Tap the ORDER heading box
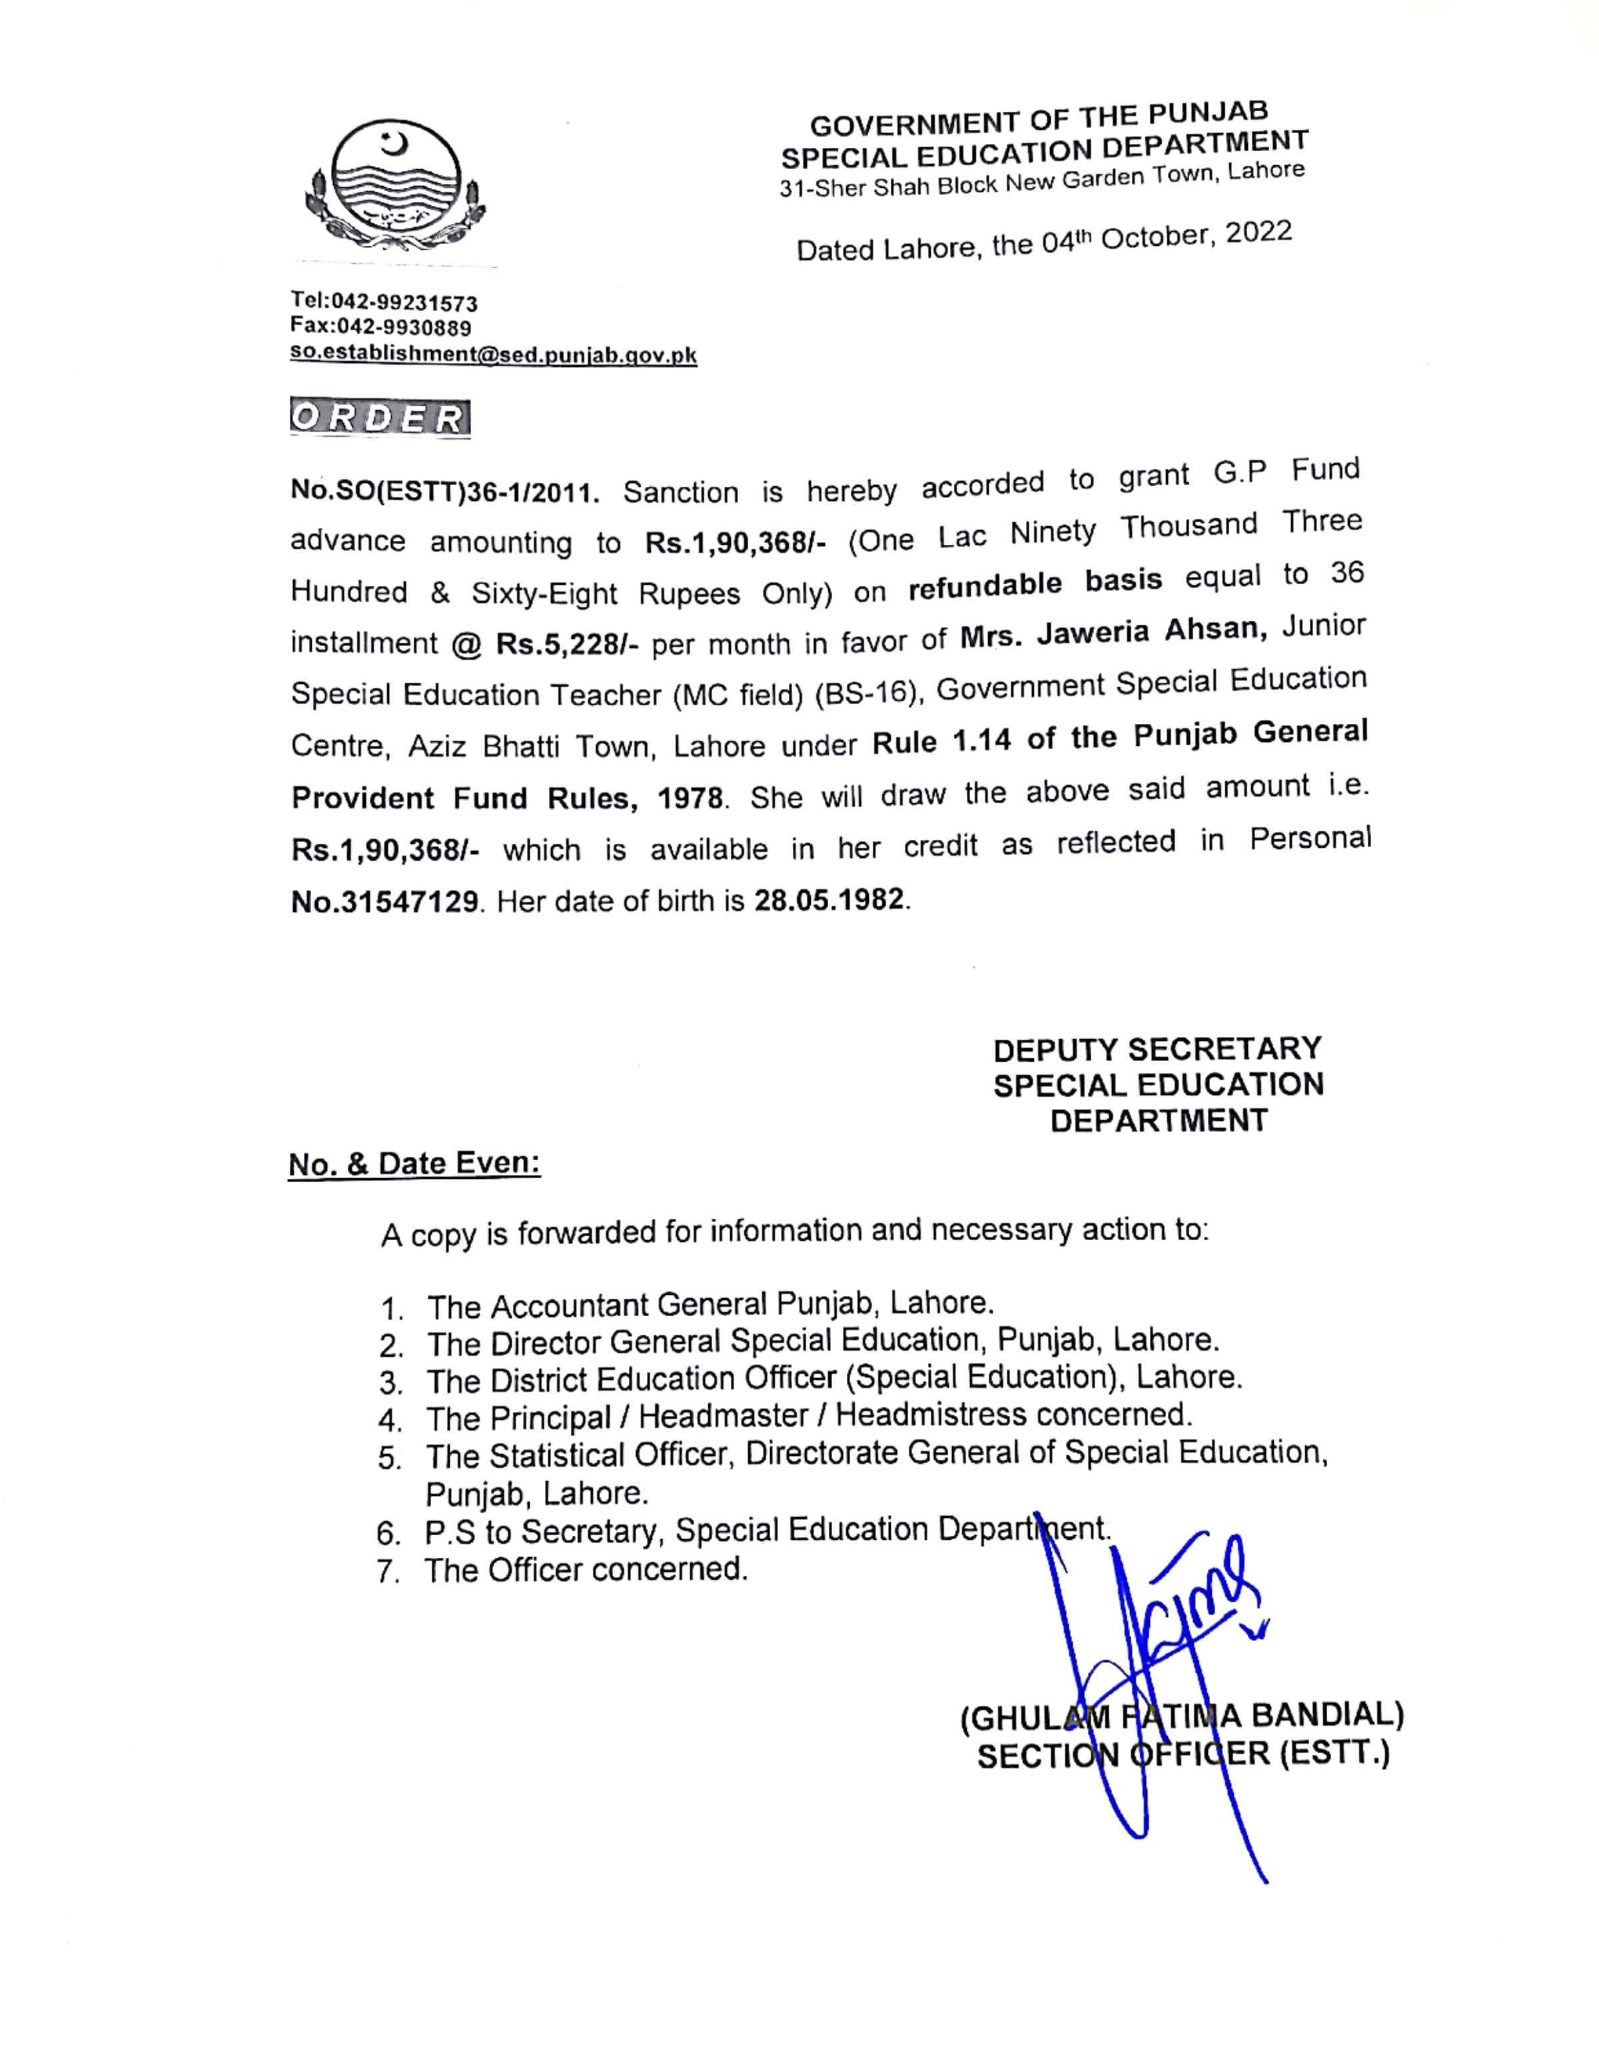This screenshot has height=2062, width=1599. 380,418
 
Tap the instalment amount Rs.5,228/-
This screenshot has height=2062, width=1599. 568,644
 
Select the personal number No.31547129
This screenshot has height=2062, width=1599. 385,902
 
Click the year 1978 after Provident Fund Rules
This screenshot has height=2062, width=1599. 690,798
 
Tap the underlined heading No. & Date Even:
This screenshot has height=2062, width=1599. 414,1163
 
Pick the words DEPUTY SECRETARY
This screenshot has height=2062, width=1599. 1157,1049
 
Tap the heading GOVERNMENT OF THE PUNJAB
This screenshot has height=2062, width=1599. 1039,120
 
